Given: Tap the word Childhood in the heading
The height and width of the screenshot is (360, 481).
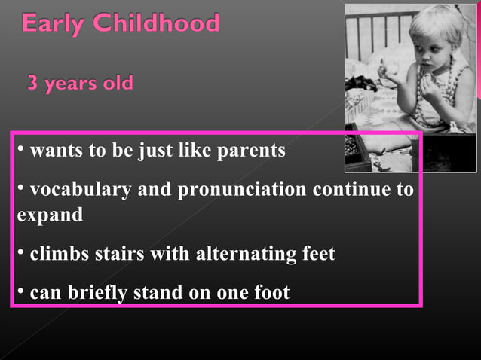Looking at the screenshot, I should (156, 24).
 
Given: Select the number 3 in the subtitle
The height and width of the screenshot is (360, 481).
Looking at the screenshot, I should (33, 82).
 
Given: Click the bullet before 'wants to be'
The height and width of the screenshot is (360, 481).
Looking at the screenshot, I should (20, 148).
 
